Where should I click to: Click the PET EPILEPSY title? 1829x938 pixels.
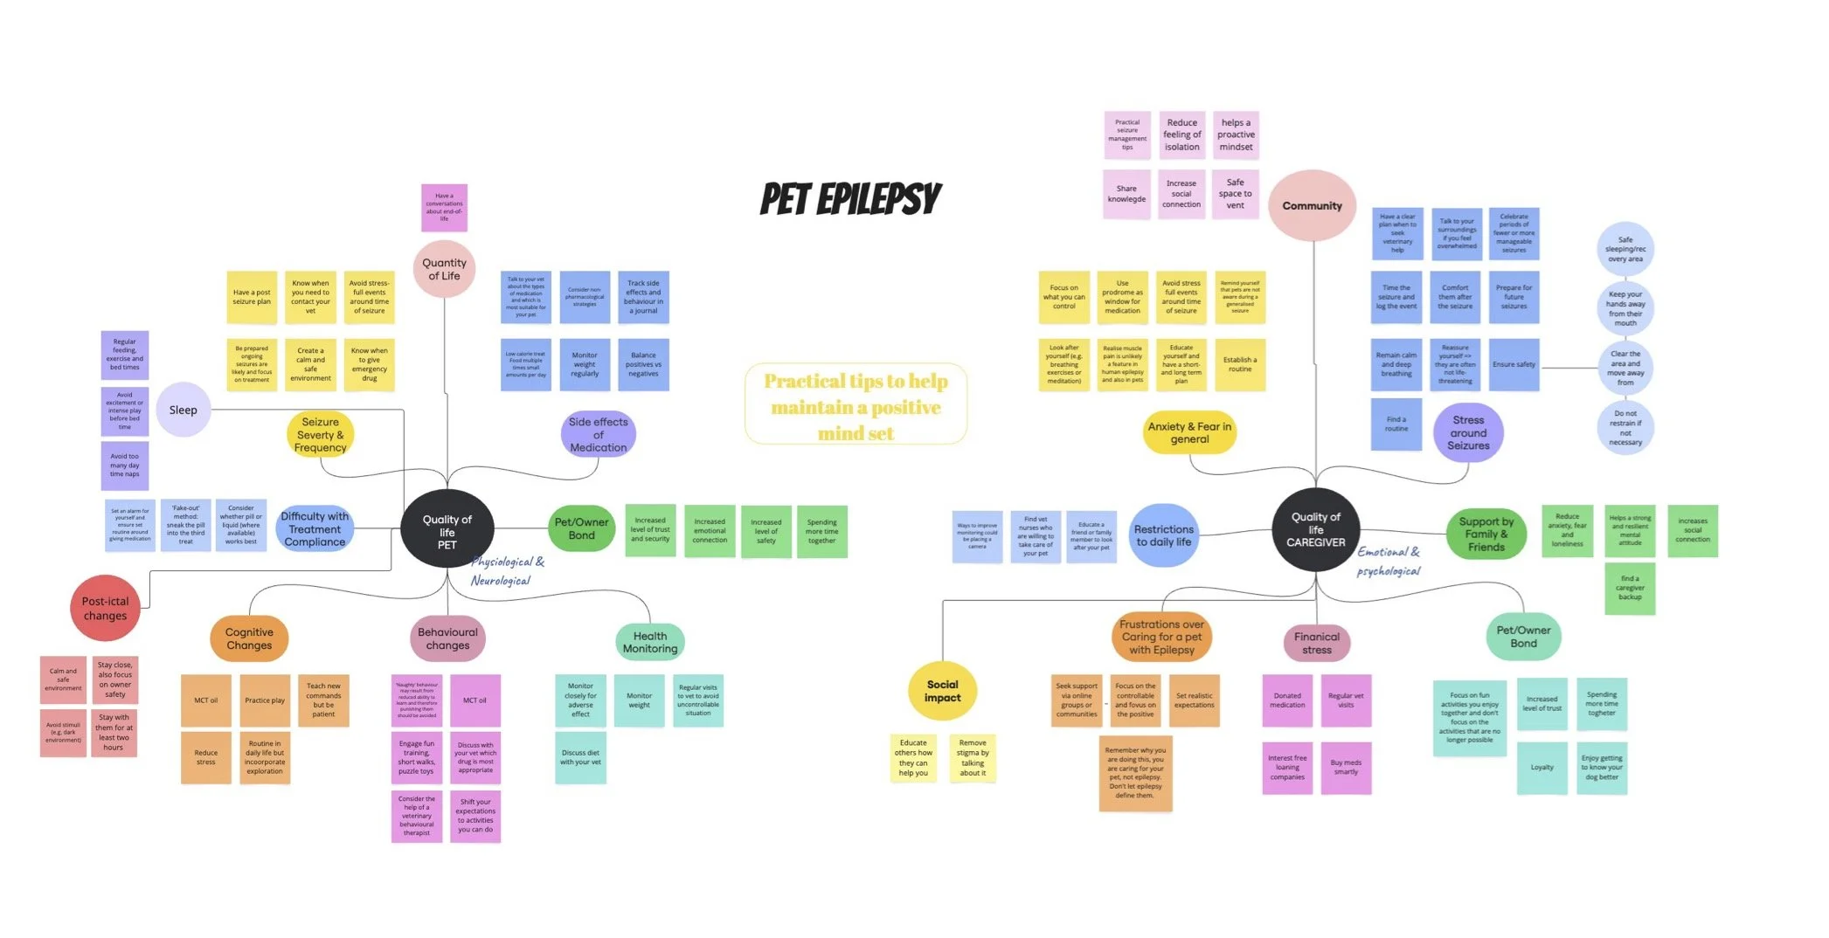850,199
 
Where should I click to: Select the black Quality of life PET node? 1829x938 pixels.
447,530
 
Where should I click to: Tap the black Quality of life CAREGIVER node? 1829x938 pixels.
1315,529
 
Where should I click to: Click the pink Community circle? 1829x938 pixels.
1312,206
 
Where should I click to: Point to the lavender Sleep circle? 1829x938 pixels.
184,410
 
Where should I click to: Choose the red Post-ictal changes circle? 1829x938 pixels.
105,608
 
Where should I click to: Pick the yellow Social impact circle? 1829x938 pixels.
942,691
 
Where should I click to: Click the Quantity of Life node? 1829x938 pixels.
444,269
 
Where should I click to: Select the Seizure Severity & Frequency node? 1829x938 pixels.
321,434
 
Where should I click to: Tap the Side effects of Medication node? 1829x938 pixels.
598,434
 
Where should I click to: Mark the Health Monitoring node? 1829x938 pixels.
649,642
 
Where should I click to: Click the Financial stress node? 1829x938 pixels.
1316,643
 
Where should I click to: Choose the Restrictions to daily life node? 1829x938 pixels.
1163,535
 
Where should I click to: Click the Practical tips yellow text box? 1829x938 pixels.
856,406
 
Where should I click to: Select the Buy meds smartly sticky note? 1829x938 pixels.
1346,768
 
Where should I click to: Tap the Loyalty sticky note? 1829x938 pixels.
1541,768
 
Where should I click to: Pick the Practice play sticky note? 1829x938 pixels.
265,700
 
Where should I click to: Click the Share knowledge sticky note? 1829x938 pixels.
1126,194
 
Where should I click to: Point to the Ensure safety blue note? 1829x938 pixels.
1514,364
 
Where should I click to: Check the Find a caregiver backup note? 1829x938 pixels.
1630,588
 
